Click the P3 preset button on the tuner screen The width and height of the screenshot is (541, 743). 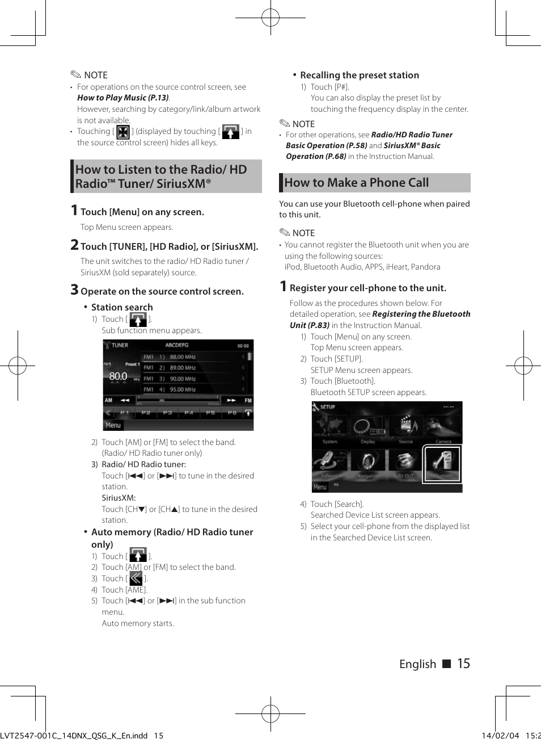[x=167, y=413]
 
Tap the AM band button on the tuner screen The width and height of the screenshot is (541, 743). [x=109, y=400]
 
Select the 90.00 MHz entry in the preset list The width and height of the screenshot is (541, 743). [x=182, y=379]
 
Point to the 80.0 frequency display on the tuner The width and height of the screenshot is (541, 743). [x=118, y=376]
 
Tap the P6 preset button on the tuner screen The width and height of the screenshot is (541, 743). [x=231, y=413]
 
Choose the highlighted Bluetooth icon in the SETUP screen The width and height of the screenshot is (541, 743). [x=442, y=464]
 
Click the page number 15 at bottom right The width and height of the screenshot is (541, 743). [x=463, y=664]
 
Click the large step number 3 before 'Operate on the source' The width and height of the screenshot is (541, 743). [x=74, y=289]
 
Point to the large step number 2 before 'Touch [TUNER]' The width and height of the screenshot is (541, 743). [x=74, y=245]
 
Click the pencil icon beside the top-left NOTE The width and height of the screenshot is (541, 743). [x=76, y=74]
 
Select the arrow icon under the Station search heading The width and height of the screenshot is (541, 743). [x=138, y=320]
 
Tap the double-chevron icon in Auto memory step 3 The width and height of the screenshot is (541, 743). [x=136, y=578]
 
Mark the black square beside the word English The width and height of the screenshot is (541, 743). [x=446, y=664]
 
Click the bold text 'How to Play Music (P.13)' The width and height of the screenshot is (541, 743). [x=123, y=98]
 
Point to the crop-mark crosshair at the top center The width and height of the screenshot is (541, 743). [x=270, y=18]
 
